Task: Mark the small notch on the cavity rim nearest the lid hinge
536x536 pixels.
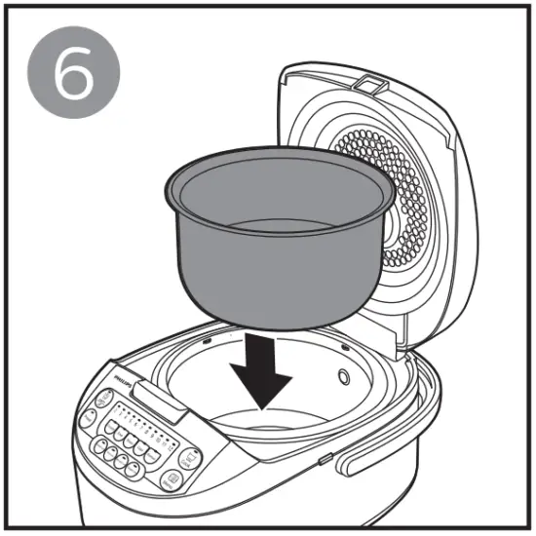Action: click(348, 347)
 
